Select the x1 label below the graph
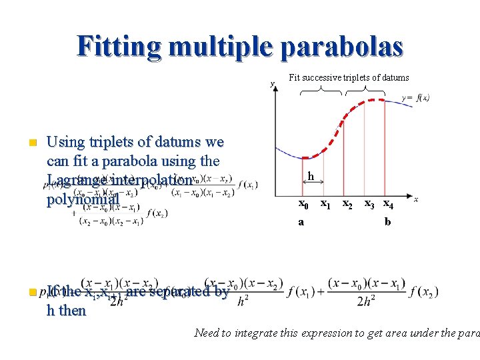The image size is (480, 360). tap(325, 203)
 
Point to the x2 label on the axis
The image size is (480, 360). tap(347, 203)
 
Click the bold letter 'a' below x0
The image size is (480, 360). tap(301, 222)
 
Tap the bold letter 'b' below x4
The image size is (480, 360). tap(387, 222)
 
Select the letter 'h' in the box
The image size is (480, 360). tap(311, 176)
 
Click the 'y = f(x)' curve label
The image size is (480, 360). tap(415, 98)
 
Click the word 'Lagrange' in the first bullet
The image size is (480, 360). tap(73, 180)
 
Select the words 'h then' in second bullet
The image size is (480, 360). tap(66, 310)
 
